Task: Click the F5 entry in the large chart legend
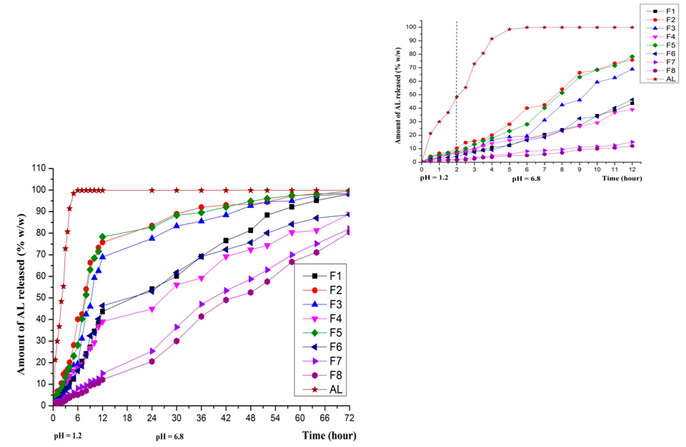click(x=335, y=333)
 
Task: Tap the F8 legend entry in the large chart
click(x=335, y=375)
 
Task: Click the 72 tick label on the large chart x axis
click(x=349, y=417)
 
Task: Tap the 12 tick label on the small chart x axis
click(x=632, y=169)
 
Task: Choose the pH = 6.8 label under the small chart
click(x=526, y=179)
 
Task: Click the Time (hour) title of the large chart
click(x=329, y=435)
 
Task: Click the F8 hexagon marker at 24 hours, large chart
click(x=152, y=361)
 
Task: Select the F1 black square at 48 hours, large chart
click(x=251, y=230)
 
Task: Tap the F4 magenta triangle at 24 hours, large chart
click(x=152, y=310)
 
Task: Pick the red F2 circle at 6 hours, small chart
click(x=527, y=108)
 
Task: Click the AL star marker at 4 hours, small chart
click(x=492, y=39)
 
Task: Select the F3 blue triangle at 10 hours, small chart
click(x=597, y=82)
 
